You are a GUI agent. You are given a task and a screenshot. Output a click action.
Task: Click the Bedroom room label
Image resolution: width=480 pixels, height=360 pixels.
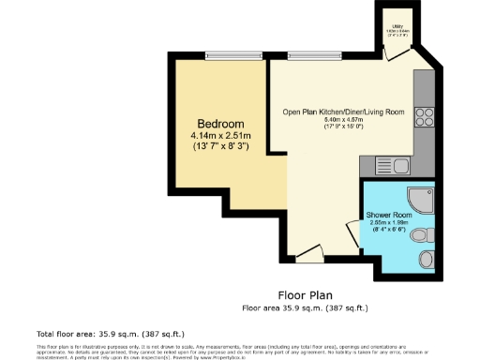pyautogui.click(x=221, y=124)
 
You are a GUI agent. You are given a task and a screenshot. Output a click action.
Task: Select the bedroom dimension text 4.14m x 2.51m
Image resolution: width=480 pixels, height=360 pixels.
pyautogui.click(x=221, y=135)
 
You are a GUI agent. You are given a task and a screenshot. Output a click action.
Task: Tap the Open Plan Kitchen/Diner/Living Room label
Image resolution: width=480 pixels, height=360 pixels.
pyautogui.click(x=344, y=112)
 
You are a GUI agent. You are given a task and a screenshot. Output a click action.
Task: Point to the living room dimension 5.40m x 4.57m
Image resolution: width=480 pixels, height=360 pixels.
pyautogui.click(x=344, y=120)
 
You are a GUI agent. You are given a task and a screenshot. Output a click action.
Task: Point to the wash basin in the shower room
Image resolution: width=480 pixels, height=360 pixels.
pyautogui.click(x=427, y=257)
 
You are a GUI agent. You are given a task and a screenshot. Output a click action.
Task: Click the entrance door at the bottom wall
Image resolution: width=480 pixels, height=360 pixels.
pyautogui.click(x=307, y=253)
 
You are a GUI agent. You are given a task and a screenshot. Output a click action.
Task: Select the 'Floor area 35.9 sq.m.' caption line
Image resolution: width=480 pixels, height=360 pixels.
pyautogui.click(x=305, y=307)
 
